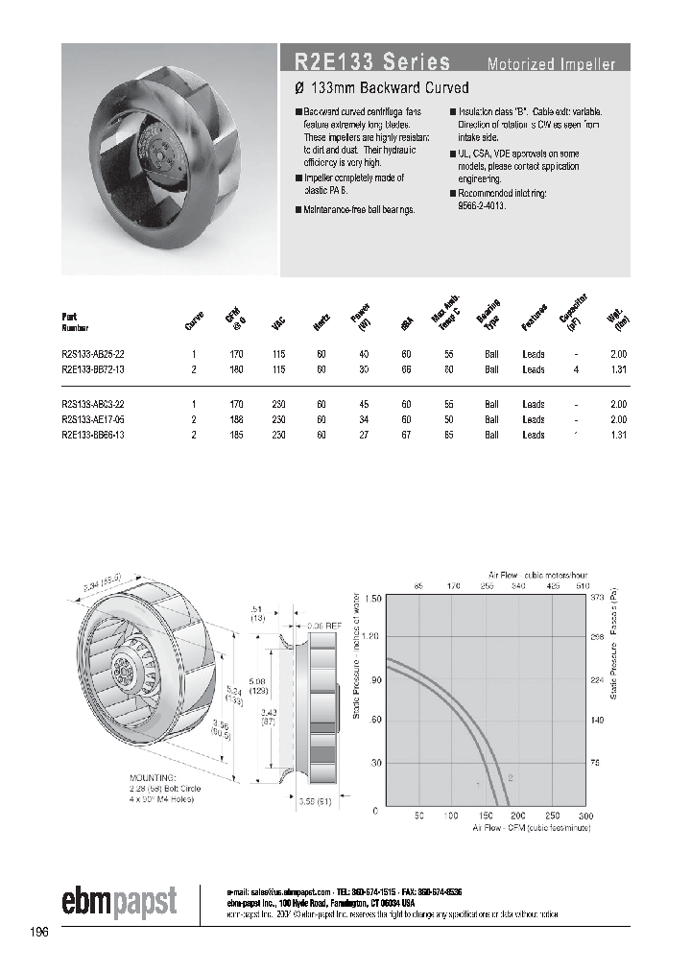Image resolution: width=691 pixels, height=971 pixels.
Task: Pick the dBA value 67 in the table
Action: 407,435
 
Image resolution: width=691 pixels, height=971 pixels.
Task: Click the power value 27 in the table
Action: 364,435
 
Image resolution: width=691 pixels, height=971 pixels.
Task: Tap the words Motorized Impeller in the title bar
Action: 551,65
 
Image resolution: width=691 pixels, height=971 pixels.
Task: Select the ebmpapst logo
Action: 120,901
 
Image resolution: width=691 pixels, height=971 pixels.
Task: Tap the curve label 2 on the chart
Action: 510,778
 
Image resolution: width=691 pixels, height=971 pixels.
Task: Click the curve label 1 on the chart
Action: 478,784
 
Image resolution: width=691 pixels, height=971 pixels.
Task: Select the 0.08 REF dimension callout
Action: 323,625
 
